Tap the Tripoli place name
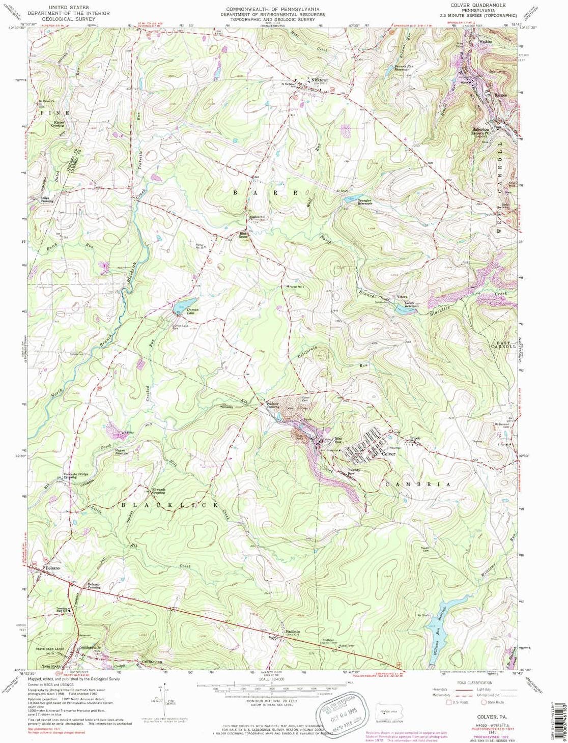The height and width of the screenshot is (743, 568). tap(412, 438)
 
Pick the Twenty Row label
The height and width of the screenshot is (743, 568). tap(354, 471)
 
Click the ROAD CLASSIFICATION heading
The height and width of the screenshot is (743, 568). tap(473, 682)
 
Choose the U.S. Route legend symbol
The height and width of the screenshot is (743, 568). tap(449, 702)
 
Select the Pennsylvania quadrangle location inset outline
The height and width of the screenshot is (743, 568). tap(388, 710)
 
